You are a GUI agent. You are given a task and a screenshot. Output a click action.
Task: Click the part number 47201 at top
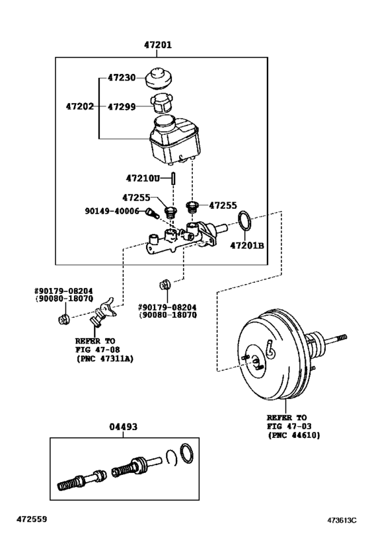coord(158,46)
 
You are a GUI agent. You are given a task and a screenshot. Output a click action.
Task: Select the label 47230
coord(121,77)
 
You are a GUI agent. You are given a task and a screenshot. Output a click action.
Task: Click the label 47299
coord(121,106)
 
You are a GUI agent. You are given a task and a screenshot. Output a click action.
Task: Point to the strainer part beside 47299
coord(161,104)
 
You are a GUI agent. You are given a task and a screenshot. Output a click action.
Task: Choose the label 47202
coord(81,106)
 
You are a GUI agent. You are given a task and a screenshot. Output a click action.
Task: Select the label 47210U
coord(143,178)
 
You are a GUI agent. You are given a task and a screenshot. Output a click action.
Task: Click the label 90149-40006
coord(112,211)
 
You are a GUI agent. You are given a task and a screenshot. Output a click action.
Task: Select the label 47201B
coord(247,246)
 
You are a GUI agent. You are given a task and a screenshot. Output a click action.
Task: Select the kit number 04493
coord(123,427)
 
